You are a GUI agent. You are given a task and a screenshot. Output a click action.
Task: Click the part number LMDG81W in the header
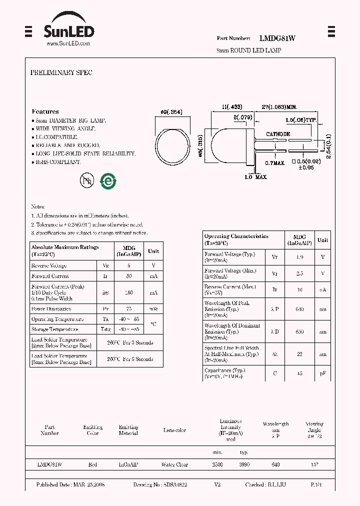(277, 38)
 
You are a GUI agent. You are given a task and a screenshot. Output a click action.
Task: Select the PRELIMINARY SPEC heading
(61, 72)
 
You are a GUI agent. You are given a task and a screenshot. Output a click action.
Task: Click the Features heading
(45, 111)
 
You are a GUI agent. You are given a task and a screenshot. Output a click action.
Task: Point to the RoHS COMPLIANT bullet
(57, 162)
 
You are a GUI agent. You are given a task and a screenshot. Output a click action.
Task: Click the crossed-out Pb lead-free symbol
(87, 180)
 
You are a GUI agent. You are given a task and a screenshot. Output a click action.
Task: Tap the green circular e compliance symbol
(108, 181)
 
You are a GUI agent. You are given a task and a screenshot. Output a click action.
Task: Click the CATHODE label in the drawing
(277, 134)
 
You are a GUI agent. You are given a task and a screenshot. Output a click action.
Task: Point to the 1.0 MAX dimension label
(255, 177)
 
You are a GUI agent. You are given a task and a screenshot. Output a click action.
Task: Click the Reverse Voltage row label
(49, 265)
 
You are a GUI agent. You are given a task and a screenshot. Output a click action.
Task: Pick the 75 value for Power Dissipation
(128, 309)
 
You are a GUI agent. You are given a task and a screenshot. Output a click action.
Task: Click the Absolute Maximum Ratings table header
(65, 250)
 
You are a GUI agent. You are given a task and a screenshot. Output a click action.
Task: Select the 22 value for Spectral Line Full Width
(299, 353)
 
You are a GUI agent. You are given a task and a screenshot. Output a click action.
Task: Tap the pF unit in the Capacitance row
(323, 373)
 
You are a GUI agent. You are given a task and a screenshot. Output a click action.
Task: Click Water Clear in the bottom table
(174, 464)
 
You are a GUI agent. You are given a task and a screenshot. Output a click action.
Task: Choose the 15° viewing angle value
(314, 464)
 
